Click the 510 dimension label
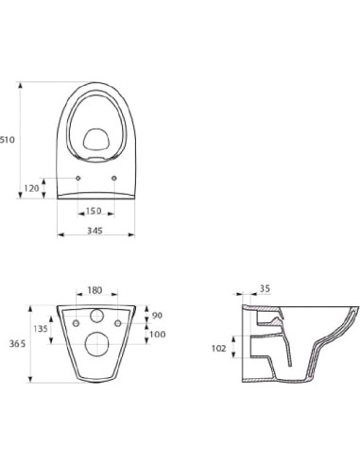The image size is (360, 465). (x=8, y=139)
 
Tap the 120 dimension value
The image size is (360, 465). (x=32, y=188)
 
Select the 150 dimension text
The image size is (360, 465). (x=94, y=211)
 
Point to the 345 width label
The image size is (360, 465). (x=94, y=231)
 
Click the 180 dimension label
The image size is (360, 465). (x=94, y=290)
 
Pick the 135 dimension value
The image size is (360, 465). (x=41, y=329)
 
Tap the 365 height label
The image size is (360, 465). (x=17, y=344)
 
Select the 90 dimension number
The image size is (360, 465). (x=157, y=315)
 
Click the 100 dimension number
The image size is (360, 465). (x=158, y=334)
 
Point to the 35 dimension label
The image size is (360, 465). (x=266, y=288)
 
